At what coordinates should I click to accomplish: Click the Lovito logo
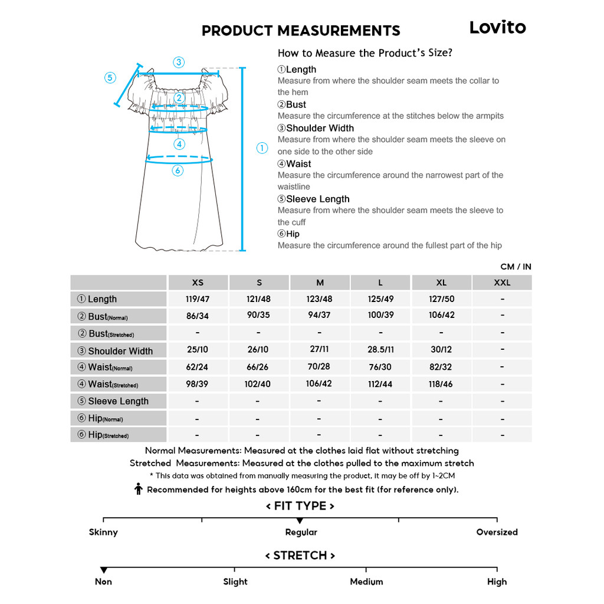coord(497,28)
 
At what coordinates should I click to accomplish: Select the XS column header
coord(198,283)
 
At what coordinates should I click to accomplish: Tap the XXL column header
coord(502,283)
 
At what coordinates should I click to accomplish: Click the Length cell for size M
coord(319,299)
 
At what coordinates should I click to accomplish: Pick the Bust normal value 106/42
coord(442,315)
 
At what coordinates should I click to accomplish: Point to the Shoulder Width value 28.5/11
coord(380,349)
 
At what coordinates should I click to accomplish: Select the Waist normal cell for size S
coord(258,367)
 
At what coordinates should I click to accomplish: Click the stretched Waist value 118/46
coord(442,384)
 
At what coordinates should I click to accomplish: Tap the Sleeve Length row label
coord(118,401)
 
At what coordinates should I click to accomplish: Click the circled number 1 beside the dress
coord(262,148)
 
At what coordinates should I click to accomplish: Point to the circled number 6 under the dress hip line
coord(178,170)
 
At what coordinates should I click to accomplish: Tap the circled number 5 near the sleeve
coord(110,78)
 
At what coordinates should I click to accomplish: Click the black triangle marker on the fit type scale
coord(300,521)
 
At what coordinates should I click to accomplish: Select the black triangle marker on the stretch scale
coord(104,570)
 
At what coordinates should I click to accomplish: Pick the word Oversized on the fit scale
coord(497,532)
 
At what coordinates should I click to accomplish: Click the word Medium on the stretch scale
coord(366,582)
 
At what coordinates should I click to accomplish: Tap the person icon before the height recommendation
coord(139,489)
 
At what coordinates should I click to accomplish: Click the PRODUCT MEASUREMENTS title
coord(301,31)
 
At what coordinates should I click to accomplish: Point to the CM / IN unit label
coord(516,267)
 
